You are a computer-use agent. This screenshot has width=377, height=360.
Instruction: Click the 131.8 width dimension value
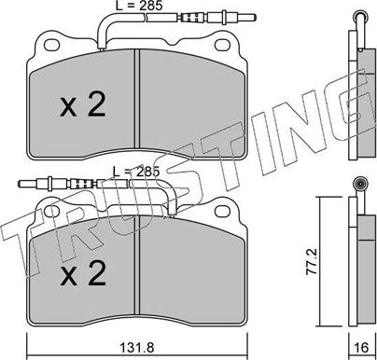pyautogui.click(x=136, y=347)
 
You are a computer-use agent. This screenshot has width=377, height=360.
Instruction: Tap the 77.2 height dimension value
pyautogui.click(x=311, y=261)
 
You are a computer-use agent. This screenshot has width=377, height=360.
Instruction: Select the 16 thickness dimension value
pyautogui.click(x=361, y=347)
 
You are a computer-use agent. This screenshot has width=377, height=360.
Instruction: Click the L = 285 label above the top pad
pyautogui.click(x=139, y=6)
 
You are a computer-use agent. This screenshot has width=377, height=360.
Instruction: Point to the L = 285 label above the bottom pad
pyautogui.click(x=136, y=172)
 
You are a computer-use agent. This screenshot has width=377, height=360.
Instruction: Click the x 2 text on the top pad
pyautogui.click(x=83, y=104)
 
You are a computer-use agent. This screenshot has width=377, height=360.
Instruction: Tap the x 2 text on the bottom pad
pyautogui.click(x=83, y=272)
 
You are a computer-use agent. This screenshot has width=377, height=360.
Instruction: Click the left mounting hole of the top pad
pyautogui.click(x=51, y=46)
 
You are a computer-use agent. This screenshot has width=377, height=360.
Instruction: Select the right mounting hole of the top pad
pyautogui.click(x=223, y=46)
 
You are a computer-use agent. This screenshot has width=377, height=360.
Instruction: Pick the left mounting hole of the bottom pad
pyautogui.click(x=51, y=212)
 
